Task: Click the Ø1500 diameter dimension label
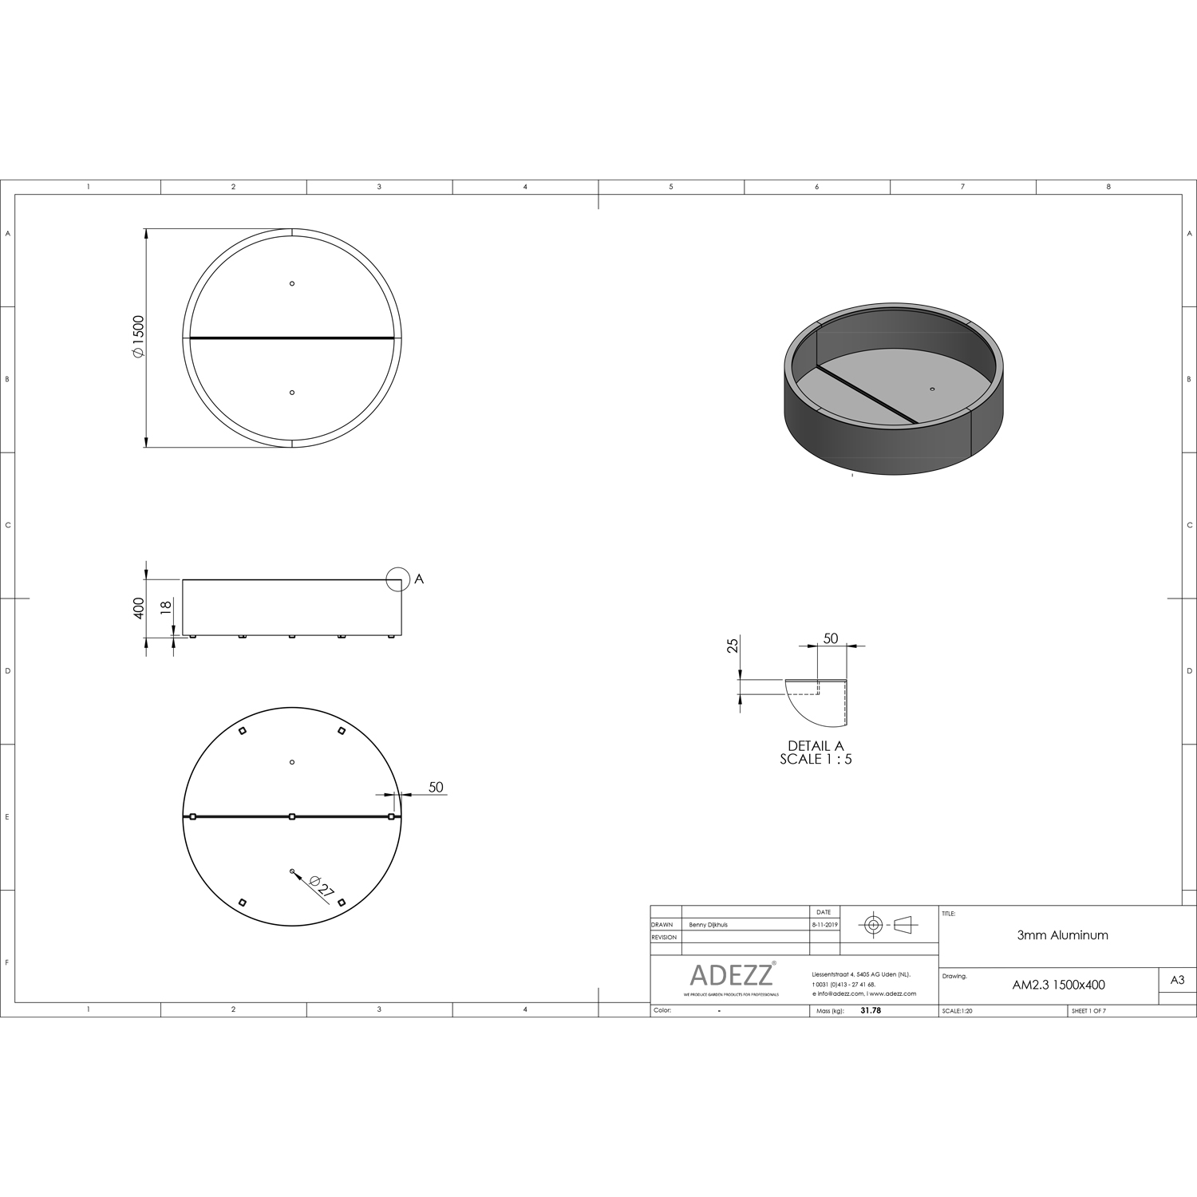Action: [137, 337]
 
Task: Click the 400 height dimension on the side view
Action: [139, 608]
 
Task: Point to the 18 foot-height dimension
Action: [166, 606]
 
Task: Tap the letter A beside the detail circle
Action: [419, 579]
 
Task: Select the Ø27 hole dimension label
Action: [319, 887]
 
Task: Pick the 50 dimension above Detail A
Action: [831, 638]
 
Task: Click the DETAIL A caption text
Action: [816, 746]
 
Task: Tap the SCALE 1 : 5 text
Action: [816, 759]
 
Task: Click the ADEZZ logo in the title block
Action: [731, 975]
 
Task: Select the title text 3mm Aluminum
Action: [1062, 935]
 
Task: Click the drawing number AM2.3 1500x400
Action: [1058, 985]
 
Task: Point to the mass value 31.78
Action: [871, 1010]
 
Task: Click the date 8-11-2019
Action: [824, 925]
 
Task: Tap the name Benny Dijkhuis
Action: [708, 925]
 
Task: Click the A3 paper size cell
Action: [1177, 981]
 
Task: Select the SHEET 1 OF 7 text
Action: [1088, 1011]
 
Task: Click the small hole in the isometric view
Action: [932, 389]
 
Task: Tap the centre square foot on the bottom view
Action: [292, 816]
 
